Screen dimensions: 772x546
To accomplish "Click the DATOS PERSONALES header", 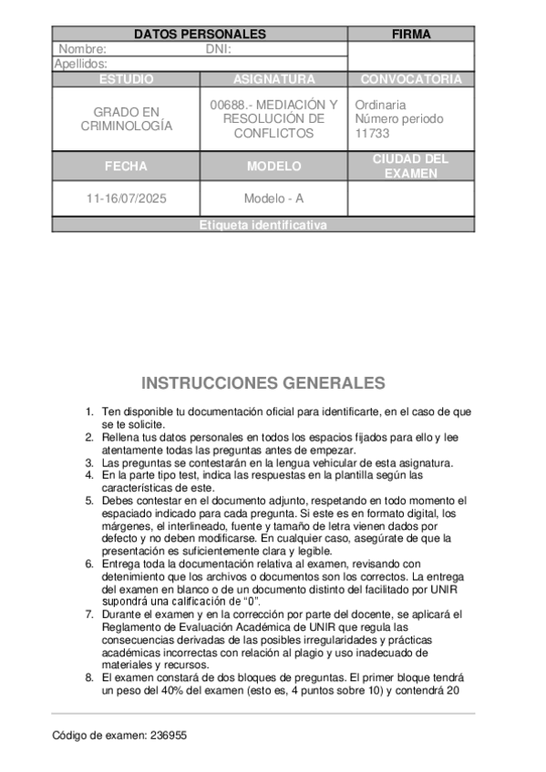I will pos(200,35).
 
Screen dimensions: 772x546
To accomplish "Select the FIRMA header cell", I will pos(411,35).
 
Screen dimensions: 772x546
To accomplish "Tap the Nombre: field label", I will pos(83,49).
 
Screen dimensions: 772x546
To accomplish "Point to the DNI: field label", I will pos(219,49).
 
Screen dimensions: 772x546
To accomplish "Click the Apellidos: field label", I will pos(81,64).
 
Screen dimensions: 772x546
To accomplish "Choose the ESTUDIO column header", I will pos(126,79).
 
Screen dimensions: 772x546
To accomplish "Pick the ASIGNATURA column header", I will pos(273,79).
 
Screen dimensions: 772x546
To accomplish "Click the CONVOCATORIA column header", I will pos(411,79).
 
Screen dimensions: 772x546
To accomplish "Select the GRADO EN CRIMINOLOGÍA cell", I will pos(126,118).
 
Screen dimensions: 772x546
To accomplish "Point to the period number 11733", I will pos(372,133).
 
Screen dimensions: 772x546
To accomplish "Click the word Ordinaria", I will pos(381,105).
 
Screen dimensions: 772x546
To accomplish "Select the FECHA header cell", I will pos(126,167).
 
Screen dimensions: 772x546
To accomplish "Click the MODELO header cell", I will pos(273,167).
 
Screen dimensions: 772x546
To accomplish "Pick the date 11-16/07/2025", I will pos(126,198).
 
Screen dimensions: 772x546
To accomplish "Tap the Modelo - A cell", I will pos(273,198).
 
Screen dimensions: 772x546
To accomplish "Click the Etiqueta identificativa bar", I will pos(263,225).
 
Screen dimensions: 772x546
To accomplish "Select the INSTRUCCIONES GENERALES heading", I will pos(263,382).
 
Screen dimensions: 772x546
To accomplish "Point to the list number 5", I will pos(89,501).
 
